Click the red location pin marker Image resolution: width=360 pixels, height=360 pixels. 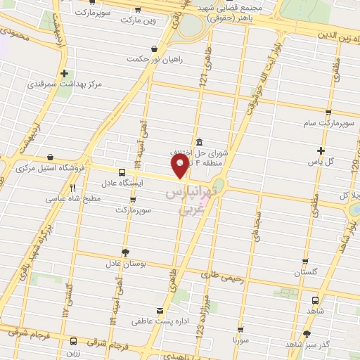pyautogui.click(x=181, y=166)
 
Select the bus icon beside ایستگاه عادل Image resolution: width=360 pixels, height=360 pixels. pyautogui.click(x=122, y=172)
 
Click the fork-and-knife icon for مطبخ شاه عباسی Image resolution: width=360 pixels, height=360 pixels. pyautogui.click(x=72, y=188)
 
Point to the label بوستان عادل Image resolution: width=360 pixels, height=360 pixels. pyautogui.click(x=125, y=264)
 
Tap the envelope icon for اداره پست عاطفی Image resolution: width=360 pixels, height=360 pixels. pyautogui.click(x=160, y=310)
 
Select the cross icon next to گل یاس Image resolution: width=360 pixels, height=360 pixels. pyautogui.click(x=321, y=150)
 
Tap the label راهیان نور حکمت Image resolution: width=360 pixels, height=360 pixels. pyautogui.click(x=155, y=59)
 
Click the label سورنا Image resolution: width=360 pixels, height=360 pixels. pyautogui.click(x=241, y=340)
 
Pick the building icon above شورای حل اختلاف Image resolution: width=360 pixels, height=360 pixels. pyautogui.click(x=200, y=140)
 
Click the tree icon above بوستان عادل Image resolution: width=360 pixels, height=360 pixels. pyautogui.click(x=125, y=252)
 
